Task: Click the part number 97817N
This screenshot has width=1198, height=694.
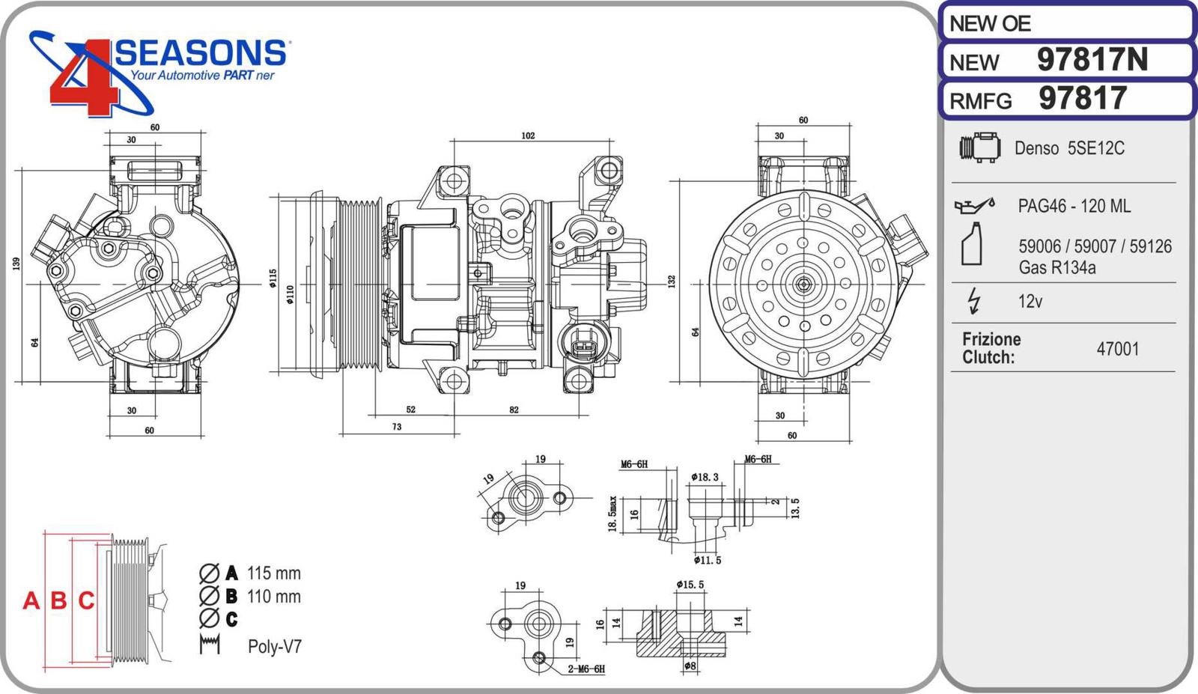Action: (x=1092, y=60)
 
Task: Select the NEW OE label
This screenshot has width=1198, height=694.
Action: (x=990, y=24)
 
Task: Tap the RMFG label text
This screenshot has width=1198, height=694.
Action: (x=980, y=101)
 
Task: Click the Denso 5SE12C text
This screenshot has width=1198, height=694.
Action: (x=1069, y=148)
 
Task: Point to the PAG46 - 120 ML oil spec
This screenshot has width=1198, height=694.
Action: (x=1074, y=206)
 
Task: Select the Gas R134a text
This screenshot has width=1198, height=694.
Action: (x=1056, y=267)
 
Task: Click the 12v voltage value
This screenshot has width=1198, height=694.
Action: (x=1030, y=301)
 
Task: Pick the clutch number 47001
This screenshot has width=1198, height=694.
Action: (x=1117, y=349)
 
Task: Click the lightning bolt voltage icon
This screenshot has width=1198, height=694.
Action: (x=973, y=300)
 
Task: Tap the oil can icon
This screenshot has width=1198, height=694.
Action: (x=973, y=204)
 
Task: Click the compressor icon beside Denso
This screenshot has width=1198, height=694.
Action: (x=979, y=147)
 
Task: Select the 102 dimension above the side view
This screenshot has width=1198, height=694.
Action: (x=528, y=136)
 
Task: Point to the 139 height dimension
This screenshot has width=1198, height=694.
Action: (x=16, y=264)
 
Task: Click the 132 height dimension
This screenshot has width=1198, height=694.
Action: (x=672, y=281)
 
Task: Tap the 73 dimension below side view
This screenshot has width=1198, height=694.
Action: (x=397, y=427)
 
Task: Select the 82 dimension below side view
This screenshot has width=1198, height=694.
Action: (x=514, y=410)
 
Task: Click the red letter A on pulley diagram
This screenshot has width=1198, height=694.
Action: (x=31, y=600)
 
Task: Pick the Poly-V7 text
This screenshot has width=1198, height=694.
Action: (x=275, y=646)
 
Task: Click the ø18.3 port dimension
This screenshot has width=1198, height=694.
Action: (x=705, y=477)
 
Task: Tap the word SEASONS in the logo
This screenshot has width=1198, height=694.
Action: (x=201, y=53)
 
